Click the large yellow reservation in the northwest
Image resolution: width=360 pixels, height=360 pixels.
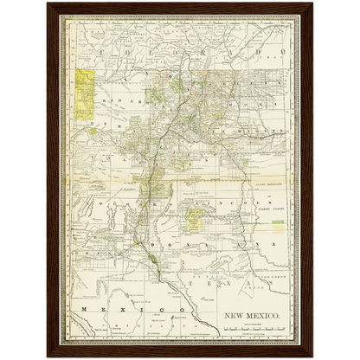[x=86, y=93]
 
